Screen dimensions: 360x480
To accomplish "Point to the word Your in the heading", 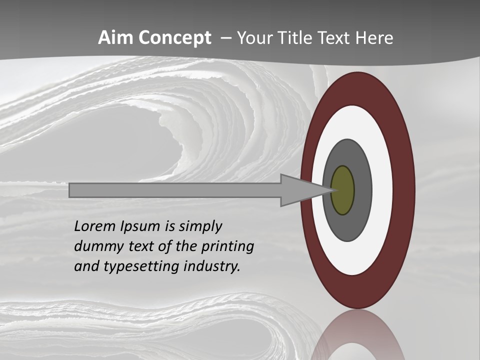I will (255, 38).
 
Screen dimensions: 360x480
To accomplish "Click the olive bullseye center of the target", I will (343, 190).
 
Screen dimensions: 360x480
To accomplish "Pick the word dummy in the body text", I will (94, 246).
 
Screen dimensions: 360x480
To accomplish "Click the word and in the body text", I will (85, 266).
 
